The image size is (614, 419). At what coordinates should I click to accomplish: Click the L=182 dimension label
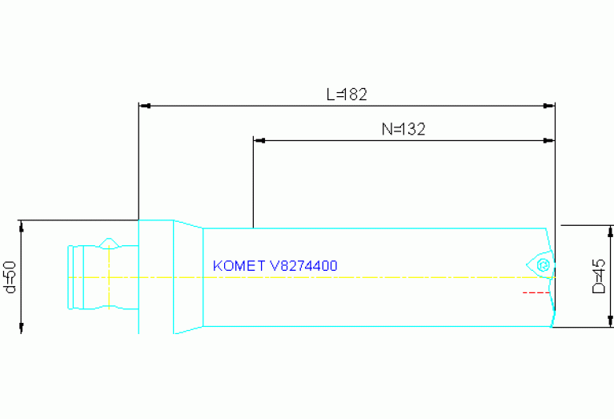click(346, 94)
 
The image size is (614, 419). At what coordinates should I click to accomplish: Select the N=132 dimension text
click(403, 128)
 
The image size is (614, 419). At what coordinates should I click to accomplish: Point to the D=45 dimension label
click(598, 276)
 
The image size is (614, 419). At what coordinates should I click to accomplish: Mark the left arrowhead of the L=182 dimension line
click(143, 105)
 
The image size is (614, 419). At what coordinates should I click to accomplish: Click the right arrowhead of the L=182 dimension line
click(550, 105)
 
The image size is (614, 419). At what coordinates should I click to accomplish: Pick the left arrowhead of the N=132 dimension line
click(258, 140)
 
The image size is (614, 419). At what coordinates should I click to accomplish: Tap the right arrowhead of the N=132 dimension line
click(550, 140)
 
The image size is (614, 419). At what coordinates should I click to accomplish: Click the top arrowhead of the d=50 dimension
click(22, 224)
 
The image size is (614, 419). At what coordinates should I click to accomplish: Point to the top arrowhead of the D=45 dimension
click(610, 231)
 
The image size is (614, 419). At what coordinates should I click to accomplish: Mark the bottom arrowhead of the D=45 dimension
click(610, 322)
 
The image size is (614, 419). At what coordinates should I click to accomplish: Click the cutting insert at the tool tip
click(541, 264)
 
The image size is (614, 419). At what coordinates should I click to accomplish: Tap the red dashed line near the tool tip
click(536, 292)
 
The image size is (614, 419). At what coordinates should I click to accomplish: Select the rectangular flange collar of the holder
click(156, 276)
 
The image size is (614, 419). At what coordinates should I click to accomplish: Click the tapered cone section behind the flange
click(188, 276)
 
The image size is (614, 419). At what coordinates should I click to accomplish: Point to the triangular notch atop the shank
click(110, 243)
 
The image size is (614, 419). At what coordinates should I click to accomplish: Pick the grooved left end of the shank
click(76, 276)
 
